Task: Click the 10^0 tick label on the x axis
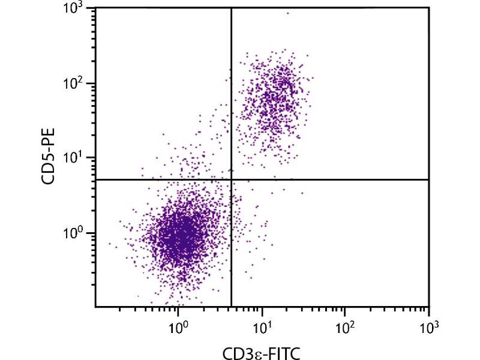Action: click(x=178, y=328)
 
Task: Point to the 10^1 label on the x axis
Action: click(x=262, y=328)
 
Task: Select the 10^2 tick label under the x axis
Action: click(x=344, y=328)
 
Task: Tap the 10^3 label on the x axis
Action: click(x=428, y=328)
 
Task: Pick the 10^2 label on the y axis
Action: click(x=76, y=84)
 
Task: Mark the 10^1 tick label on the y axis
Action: click(x=76, y=158)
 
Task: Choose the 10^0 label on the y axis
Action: click(x=76, y=233)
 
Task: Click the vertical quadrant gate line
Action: click(x=231, y=90)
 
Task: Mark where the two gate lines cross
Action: click(x=231, y=179)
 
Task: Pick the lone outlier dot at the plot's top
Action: click(x=287, y=13)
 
